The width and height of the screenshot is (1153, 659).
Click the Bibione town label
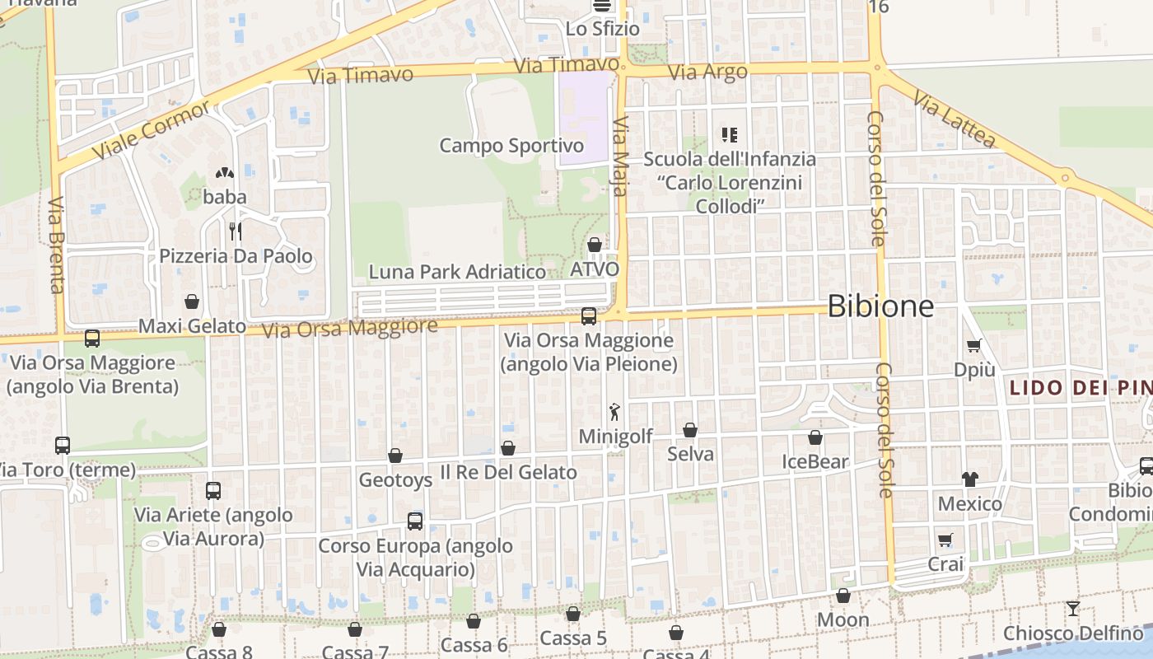pos(880,306)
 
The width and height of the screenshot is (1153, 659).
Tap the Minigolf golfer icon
pos(614,412)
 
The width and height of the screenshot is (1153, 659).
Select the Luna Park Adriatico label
pos(457,272)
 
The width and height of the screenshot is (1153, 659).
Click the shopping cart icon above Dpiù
pos(974,346)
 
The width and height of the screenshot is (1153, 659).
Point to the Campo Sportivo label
pos(511,146)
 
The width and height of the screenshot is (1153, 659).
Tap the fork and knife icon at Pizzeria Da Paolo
pos(236,231)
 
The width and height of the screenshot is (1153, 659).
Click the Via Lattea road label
pos(955,119)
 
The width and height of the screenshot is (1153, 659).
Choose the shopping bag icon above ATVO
pos(594,245)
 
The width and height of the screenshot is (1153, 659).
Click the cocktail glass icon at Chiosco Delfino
pos(1072,609)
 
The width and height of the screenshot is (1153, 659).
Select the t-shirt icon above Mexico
pos(969,479)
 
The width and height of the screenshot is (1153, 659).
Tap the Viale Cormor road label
pos(152,132)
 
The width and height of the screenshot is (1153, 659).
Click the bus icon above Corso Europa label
pos(415,521)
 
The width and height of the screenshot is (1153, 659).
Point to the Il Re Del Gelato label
pos(508,472)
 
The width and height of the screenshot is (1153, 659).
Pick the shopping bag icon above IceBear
pos(815,437)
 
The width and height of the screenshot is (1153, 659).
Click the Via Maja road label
pos(621,157)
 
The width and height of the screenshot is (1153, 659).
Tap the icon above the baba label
pos(224,173)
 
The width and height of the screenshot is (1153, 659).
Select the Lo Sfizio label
pos(602,29)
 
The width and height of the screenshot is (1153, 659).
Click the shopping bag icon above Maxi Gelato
pos(192,301)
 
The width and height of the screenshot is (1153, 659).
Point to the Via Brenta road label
pos(56,245)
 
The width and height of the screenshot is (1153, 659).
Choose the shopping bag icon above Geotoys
pos(395,456)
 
